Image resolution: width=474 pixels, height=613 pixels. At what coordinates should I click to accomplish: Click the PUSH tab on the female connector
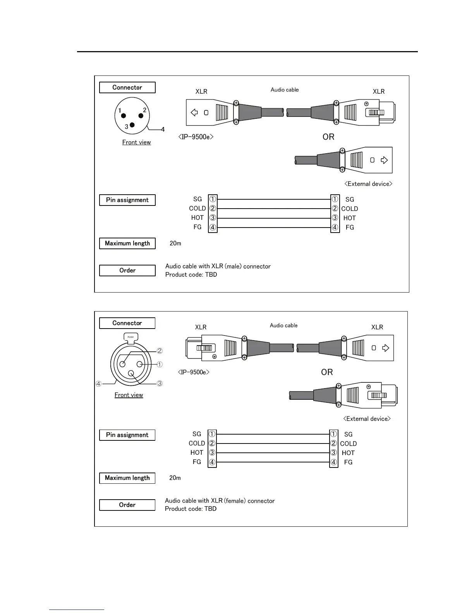[x=131, y=337]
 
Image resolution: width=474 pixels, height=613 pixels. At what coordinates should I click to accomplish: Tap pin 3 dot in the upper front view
[x=132, y=125]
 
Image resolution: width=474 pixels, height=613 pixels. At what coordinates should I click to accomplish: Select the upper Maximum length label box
[x=127, y=243]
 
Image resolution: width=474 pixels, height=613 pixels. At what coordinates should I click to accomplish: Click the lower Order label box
[x=127, y=505]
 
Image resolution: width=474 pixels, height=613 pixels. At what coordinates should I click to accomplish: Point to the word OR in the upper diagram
[x=328, y=137]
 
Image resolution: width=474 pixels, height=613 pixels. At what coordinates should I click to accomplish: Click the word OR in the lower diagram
[x=327, y=372]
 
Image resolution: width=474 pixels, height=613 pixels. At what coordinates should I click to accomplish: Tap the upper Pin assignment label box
[x=127, y=200]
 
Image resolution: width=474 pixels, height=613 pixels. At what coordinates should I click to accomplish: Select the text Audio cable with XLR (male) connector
[x=218, y=266]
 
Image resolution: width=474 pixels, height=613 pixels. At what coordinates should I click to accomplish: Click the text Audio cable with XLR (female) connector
[x=220, y=501]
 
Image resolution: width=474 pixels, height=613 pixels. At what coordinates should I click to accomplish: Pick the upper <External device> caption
[x=368, y=184]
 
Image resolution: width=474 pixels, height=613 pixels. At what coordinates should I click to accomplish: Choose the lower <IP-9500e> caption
[x=194, y=372]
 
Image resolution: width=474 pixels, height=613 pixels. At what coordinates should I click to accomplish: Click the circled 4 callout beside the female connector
[x=99, y=384]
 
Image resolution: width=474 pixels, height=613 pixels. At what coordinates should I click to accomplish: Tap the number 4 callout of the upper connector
[x=163, y=129]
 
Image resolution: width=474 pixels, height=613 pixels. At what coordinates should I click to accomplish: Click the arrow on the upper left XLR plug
[x=194, y=113]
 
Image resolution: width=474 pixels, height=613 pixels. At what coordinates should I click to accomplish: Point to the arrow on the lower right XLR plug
[x=385, y=348]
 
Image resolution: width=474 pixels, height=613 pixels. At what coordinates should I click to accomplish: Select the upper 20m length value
[x=175, y=243]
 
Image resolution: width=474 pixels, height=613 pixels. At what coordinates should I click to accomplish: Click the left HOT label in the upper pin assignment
[x=197, y=218]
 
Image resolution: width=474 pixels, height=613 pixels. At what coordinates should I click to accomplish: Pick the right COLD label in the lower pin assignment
[x=348, y=444]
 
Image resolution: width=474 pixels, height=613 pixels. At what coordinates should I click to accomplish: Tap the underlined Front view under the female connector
[x=129, y=395]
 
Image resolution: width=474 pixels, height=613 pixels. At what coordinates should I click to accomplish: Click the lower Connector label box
[x=127, y=323]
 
